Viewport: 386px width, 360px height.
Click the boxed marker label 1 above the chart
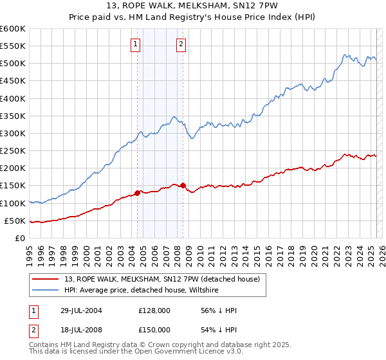(136, 44)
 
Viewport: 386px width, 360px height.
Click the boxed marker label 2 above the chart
(181, 44)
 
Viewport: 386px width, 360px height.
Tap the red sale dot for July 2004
(138, 193)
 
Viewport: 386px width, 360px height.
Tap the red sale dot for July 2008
(183, 185)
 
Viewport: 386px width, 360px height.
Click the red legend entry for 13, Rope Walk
(161, 279)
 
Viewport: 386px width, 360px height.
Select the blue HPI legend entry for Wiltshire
(142, 291)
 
